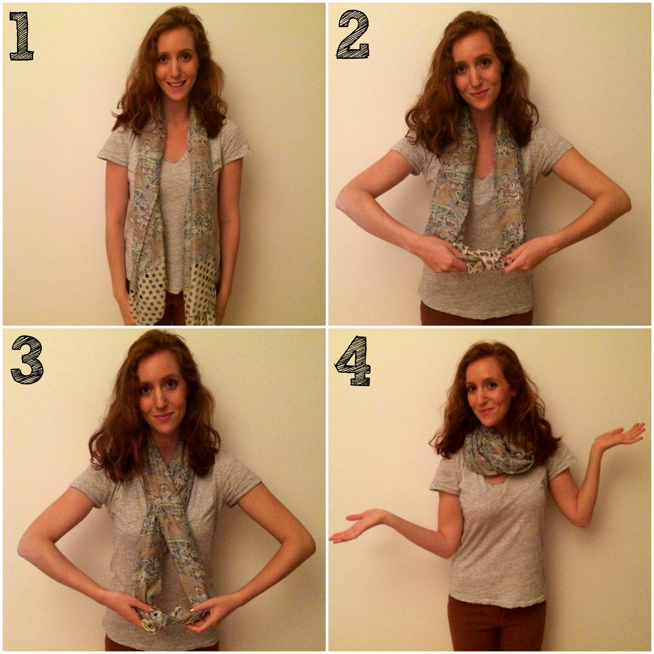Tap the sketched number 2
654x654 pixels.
(x=353, y=35)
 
